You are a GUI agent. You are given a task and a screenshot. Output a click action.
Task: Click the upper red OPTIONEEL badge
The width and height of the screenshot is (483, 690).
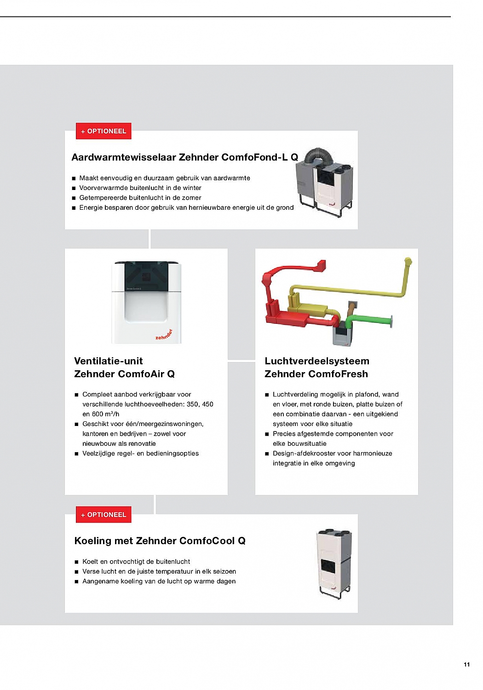point(103,131)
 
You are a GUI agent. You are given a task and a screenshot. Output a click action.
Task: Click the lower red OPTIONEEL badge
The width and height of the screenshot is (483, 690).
point(103,515)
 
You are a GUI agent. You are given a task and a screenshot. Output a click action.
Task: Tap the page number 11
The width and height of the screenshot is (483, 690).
point(467,664)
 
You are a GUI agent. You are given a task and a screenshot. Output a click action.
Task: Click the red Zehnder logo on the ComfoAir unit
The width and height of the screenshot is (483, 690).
point(164,335)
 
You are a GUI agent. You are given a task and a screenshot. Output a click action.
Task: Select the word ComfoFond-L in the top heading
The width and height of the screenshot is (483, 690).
point(254,157)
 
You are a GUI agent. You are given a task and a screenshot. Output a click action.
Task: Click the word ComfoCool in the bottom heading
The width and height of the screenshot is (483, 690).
point(207,541)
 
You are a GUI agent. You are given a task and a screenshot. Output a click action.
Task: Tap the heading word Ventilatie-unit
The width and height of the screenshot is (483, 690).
point(109,361)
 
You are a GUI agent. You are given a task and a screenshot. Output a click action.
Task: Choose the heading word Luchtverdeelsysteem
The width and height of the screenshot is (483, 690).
point(317,361)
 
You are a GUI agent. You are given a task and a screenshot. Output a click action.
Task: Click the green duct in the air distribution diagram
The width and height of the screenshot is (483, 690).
point(368,319)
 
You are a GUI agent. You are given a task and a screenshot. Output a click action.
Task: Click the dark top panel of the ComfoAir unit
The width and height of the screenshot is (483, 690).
point(146,276)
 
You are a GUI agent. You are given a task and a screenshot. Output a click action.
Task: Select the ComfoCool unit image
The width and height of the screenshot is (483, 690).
point(334,563)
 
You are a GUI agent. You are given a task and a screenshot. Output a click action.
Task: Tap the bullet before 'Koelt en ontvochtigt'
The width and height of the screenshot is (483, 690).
point(77,562)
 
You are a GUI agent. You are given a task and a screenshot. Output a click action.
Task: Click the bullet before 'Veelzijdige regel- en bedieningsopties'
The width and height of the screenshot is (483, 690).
point(77,454)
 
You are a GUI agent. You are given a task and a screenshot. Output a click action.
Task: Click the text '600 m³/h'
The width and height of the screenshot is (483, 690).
point(105,414)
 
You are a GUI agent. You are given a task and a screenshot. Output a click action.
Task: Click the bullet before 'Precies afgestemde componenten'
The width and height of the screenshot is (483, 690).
point(267,434)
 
